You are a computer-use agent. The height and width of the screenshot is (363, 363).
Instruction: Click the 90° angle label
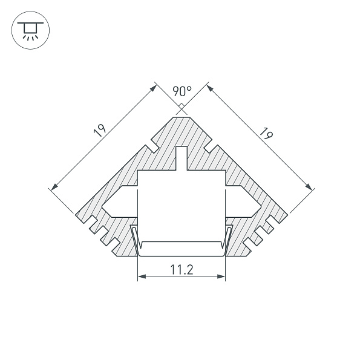[x=181, y=91]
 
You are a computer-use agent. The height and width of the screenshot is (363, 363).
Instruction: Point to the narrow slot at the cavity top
[x=181, y=159]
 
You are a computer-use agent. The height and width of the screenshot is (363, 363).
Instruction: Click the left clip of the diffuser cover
[x=135, y=237]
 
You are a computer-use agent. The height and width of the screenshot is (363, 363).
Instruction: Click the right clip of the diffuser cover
[x=228, y=237]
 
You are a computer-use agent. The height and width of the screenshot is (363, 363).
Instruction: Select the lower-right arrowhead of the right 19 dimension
[x=312, y=187]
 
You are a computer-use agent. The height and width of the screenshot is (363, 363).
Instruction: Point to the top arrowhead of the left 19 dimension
[x=153, y=87]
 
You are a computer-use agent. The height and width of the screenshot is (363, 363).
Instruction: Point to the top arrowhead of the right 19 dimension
[x=210, y=87]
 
